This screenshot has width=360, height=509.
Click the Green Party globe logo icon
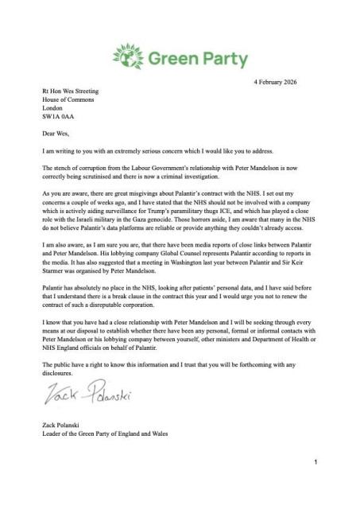click(x=126, y=58)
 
